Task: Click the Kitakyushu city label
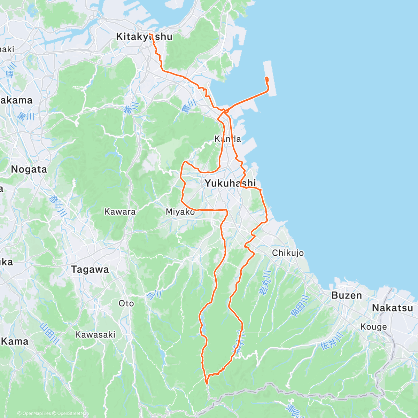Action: pyautogui.click(x=144, y=37)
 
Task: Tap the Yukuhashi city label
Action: pyautogui.click(x=230, y=183)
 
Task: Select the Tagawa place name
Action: pyautogui.click(x=90, y=269)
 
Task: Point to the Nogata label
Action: pyautogui.click(x=29, y=170)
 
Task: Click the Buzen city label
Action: pyautogui.click(x=347, y=295)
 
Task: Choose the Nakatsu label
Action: pyautogui.click(x=392, y=308)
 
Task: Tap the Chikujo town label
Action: pyautogui.click(x=288, y=253)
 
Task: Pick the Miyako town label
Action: pyautogui.click(x=180, y=212)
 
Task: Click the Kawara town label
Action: pyautogui.click(x=120, y=211)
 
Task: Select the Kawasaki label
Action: pyautogui.click(x=95, y=335)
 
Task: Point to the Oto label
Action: pyautogui.click(x=126, y=303)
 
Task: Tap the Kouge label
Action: pyautogui.click(x=373, y=327)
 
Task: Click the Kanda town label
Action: pyautogui.click(x=227, y=139)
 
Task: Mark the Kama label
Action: pyautogui.click(x=15, y=341)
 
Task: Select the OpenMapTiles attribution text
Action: pyautogui.click(x=34, y=413)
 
